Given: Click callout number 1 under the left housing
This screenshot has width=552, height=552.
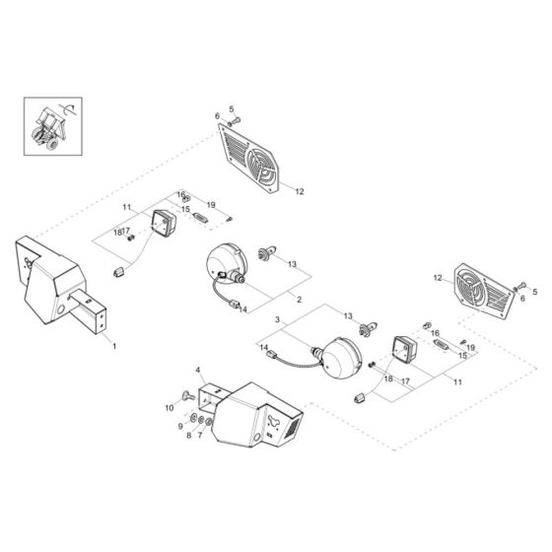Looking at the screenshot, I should pos(113,347).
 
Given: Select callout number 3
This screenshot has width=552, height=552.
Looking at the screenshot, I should pos(279,320).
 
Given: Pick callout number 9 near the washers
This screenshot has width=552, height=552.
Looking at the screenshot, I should pos(179,426).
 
